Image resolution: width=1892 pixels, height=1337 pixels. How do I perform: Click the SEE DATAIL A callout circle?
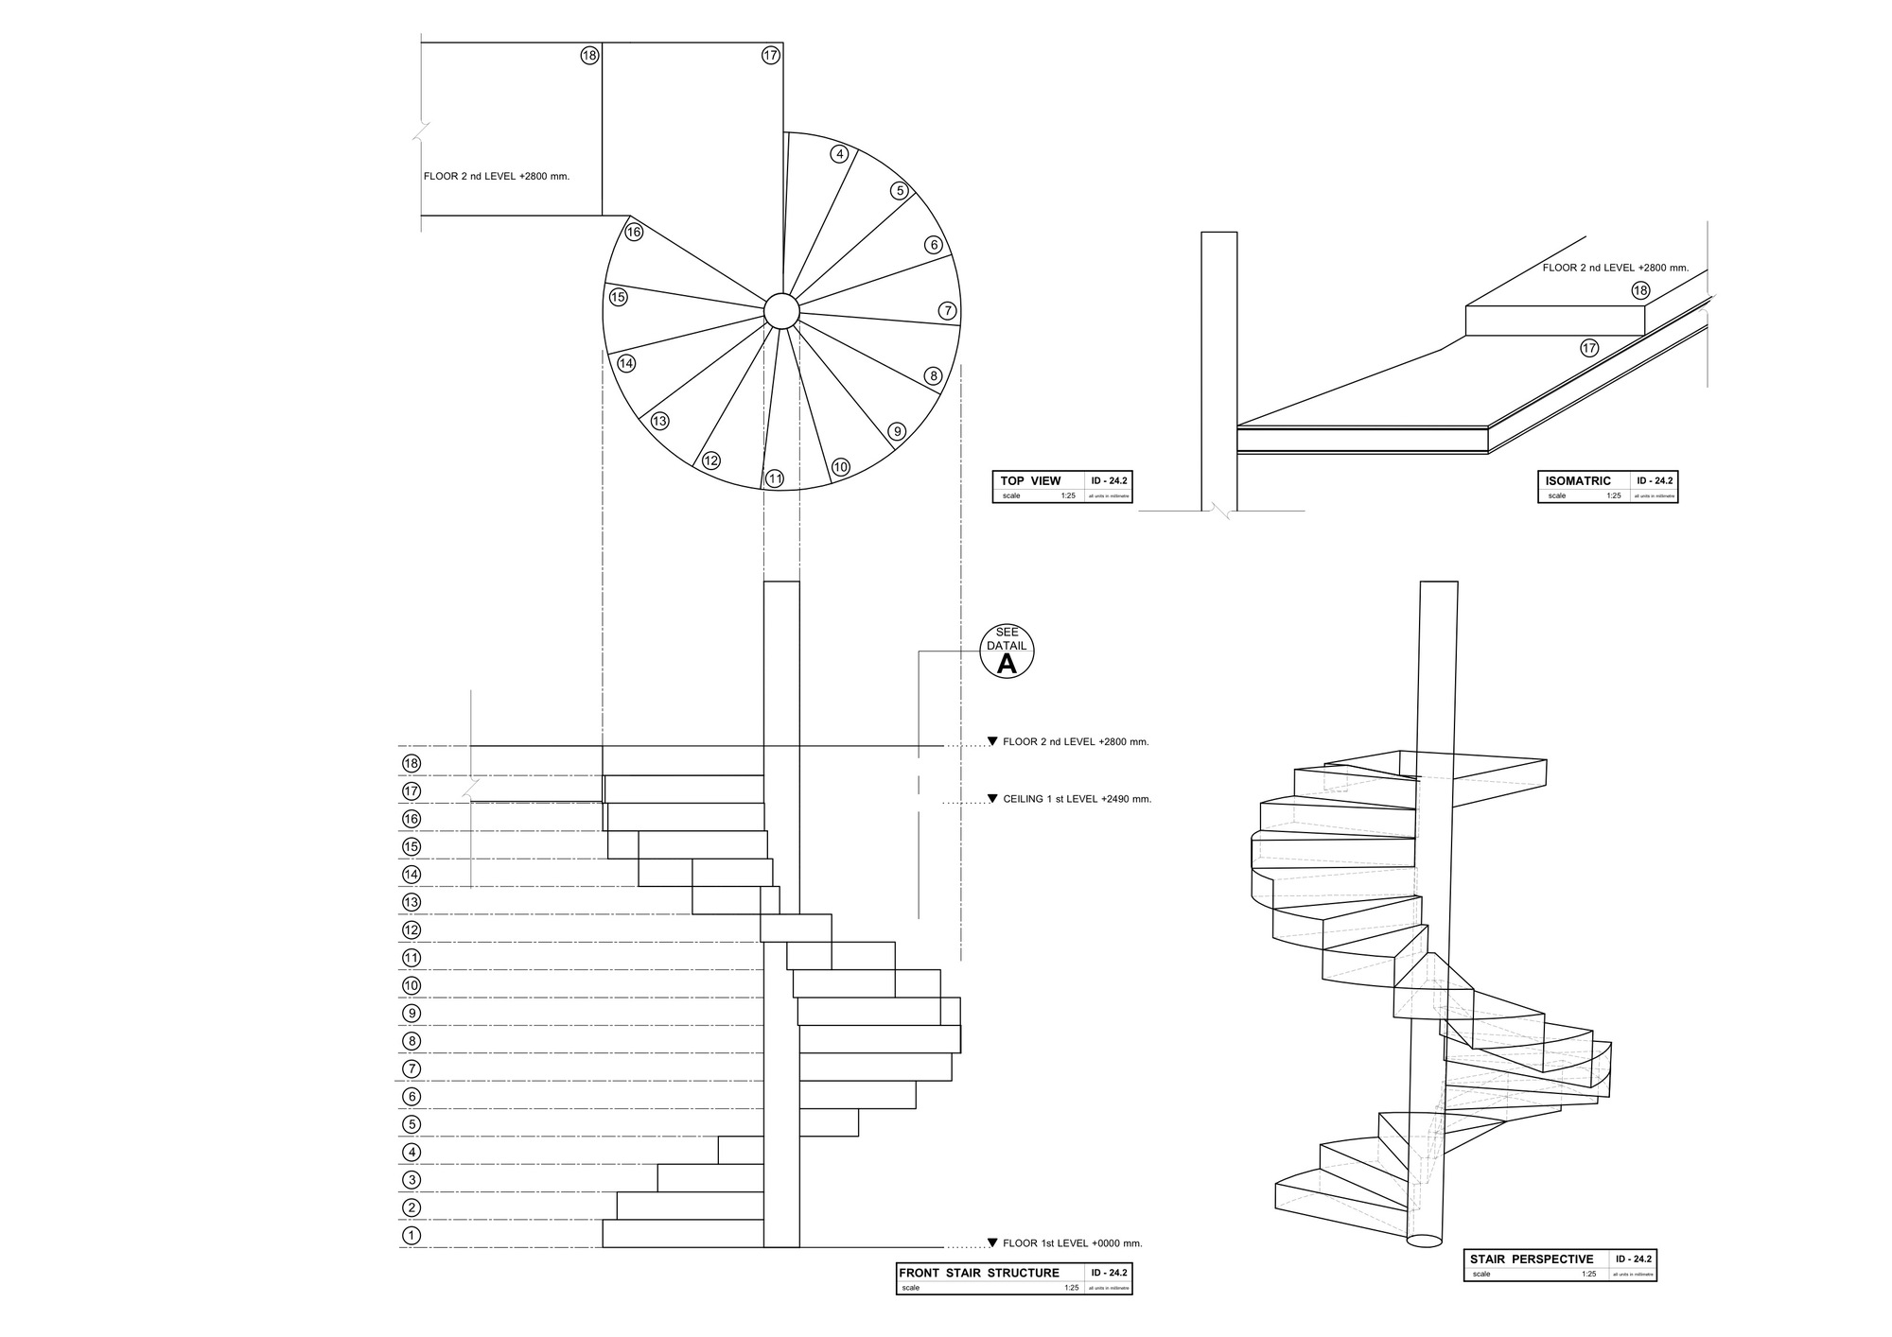1007,651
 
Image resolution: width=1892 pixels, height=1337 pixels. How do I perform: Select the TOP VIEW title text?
1030,480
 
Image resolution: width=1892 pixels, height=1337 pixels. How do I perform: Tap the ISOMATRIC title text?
1578,480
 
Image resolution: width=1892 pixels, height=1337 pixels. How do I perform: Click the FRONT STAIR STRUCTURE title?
979,1273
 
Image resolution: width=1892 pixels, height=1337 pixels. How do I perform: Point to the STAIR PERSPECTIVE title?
1531,1259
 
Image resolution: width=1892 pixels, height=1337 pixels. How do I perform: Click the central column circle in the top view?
781,311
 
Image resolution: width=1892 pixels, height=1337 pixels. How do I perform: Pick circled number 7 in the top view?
948,310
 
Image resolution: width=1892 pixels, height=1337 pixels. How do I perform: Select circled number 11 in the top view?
775,478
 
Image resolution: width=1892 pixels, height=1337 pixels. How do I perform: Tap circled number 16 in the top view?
634,232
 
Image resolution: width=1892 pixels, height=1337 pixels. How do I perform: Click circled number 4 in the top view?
838,154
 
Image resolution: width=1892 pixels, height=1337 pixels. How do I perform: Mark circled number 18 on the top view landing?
589,56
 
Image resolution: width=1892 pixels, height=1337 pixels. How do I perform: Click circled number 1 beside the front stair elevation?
411,1235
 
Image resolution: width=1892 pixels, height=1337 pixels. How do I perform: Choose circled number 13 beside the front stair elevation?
411,902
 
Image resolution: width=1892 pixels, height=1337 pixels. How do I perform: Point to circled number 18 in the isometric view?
1640,290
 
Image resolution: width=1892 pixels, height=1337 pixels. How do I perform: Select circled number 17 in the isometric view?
1589,348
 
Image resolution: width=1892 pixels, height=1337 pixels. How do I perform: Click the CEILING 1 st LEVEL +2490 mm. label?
1077,799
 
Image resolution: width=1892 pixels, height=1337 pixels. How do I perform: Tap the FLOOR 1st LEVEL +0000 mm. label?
1072,1243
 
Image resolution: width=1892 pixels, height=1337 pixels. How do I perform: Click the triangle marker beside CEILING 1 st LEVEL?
992,799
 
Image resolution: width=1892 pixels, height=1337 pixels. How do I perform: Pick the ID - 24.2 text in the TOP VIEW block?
1109,480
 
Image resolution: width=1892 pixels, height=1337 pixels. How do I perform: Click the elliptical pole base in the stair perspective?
1425,1240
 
